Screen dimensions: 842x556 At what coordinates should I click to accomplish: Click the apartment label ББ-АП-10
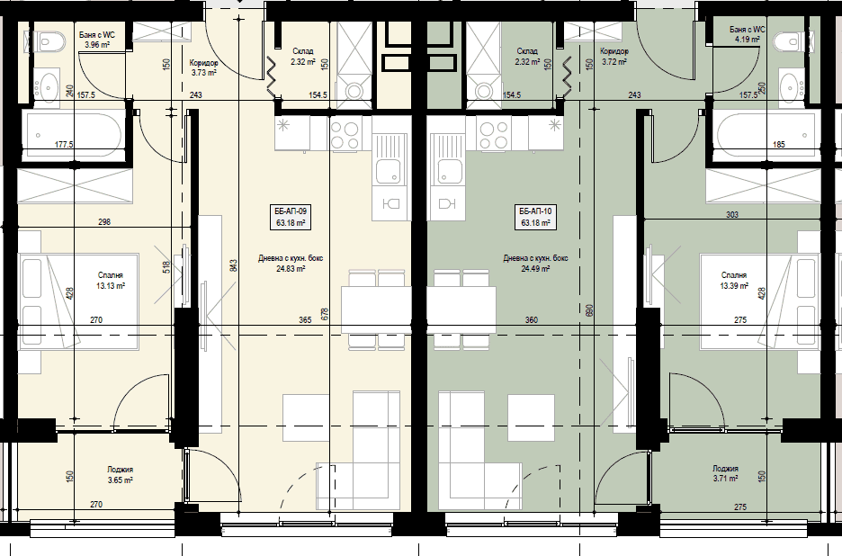click(535, 211)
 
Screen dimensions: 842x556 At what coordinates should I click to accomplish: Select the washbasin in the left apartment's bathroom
click(48, 85)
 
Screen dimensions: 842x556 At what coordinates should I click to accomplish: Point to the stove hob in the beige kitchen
click(345, 135)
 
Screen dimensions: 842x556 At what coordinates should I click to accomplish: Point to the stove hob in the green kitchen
click(494, 135)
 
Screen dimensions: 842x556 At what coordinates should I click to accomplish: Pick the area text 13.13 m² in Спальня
click(111, 286)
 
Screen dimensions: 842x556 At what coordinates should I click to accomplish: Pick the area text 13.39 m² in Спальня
click(734, 286)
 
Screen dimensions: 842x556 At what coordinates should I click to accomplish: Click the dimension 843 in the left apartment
click(233, 266)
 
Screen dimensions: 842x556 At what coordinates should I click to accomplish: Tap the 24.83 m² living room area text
click(291, 269)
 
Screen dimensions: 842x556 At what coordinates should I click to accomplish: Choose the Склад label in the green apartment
click(527, 51)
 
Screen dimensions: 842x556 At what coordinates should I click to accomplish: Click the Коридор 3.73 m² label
click(203, 67)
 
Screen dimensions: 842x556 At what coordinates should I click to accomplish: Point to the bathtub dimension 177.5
click(64, 145)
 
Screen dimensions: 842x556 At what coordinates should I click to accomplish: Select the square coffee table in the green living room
click(531, 417)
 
